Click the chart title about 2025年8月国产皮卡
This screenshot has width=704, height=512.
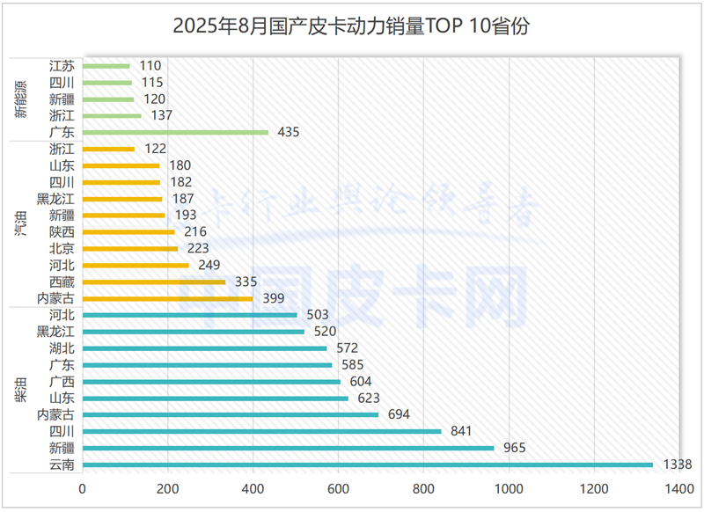(x=351, y=26)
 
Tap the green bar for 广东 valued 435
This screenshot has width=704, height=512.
(x=176, y=132)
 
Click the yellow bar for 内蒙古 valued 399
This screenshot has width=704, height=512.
(x=167, y=298)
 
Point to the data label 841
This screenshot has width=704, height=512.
(x=461, y=431)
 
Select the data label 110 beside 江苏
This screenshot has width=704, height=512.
(x=150, y=65)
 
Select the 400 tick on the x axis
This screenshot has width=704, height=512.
(x=253, y=488)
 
